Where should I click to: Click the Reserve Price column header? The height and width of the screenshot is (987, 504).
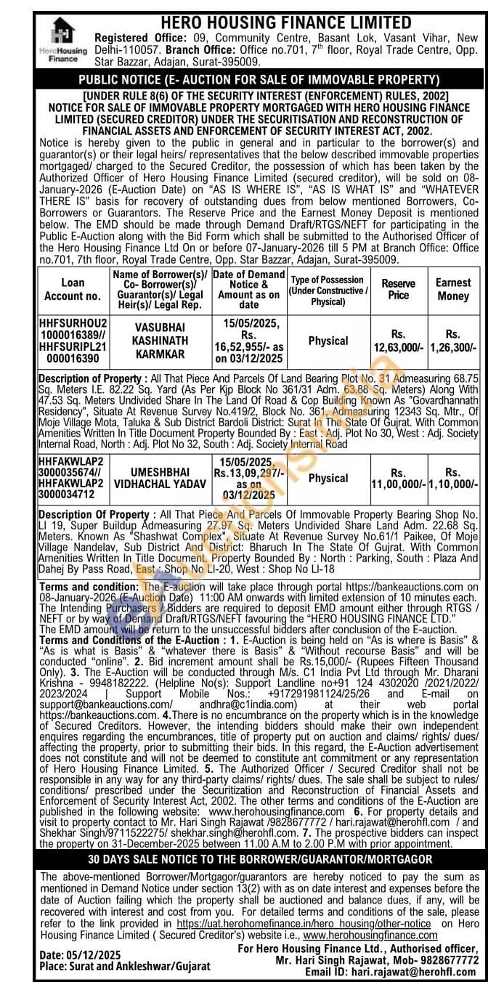click(x=399, y=289)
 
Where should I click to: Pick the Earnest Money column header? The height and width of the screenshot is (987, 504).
click(x=453, y=289)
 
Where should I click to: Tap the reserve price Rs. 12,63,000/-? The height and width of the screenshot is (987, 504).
click(x=399, y=341)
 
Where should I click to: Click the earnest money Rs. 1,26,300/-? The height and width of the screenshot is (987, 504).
click(x=453, y=341)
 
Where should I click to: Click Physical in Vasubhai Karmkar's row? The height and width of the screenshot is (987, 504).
click(x=328, y=341)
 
